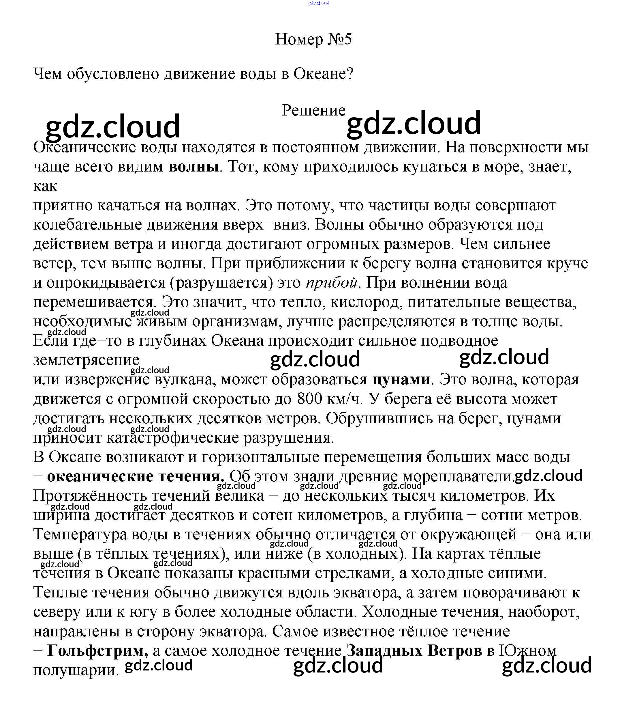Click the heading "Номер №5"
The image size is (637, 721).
(313, 39)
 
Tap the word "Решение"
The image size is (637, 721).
(313, 110)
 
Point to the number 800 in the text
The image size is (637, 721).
(309, 398)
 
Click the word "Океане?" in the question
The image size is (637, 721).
(323, 74)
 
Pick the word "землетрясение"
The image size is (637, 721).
(86, 360)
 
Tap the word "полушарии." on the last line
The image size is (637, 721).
(76, 670)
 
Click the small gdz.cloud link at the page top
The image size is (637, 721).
(318, 3)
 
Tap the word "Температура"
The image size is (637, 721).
(80, 534)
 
